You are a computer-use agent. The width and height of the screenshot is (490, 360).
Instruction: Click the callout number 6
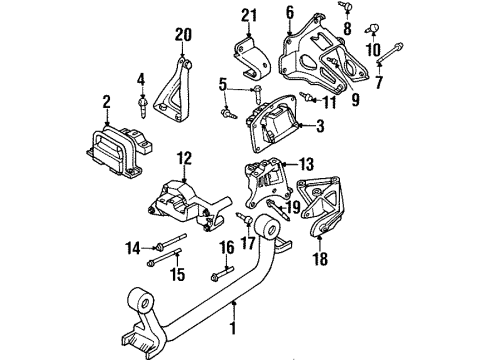[x=290, y=11]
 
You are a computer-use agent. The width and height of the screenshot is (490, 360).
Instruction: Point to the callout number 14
[x=133, y=247]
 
